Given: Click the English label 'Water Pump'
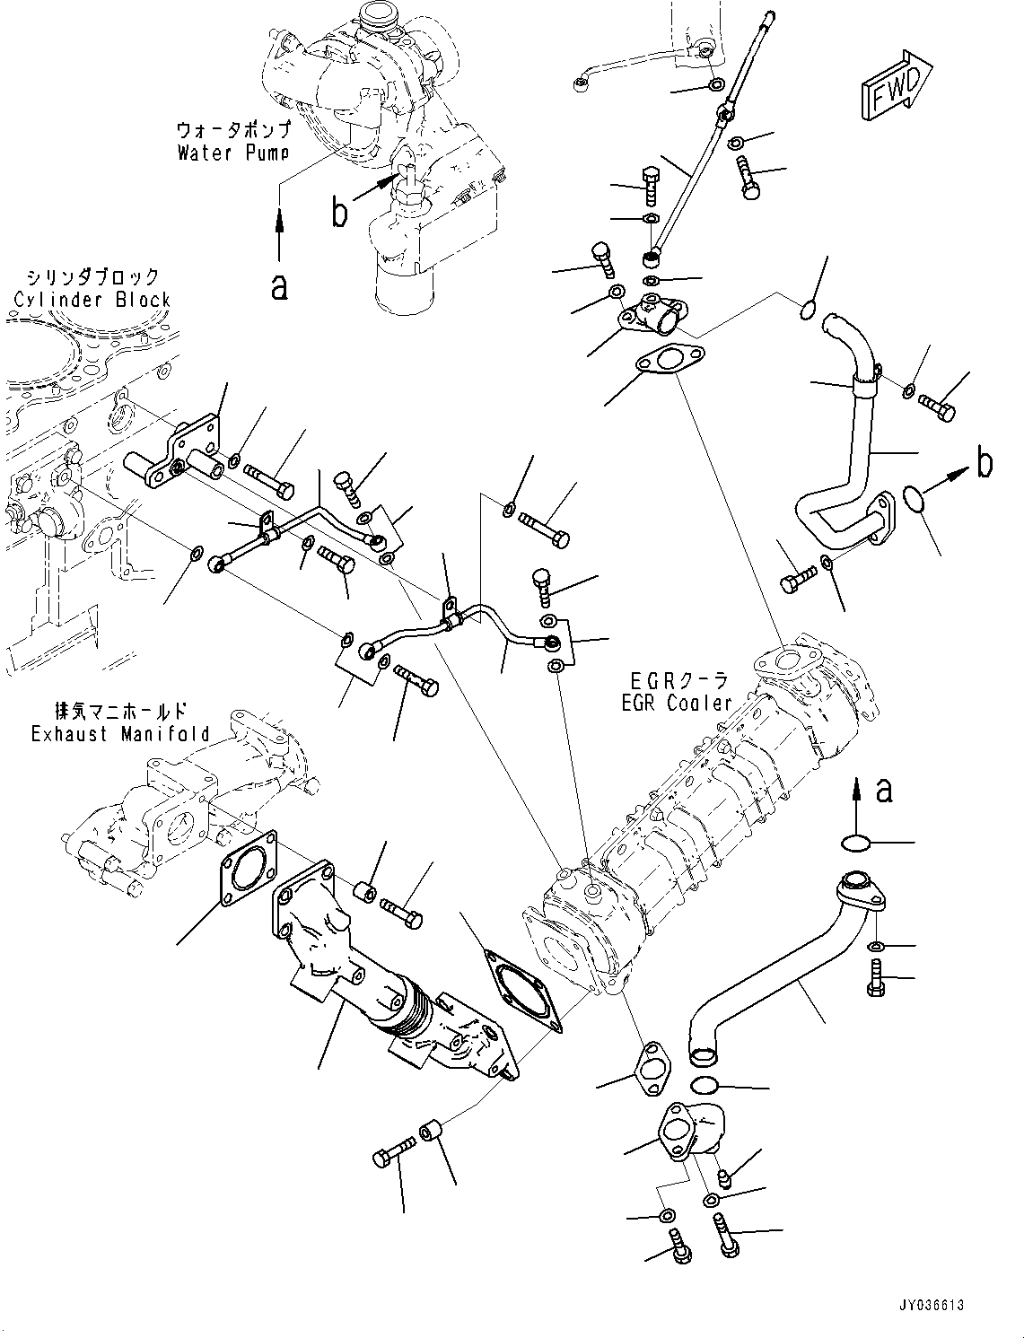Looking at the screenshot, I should point(232,153).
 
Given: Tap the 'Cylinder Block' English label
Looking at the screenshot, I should point(92,299).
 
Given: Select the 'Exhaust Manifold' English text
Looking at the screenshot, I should point(120,734).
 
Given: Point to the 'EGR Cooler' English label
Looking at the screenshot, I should point(677,704).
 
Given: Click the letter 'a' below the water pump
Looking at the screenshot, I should point(280,287).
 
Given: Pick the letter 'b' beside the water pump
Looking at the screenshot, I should point(339,214).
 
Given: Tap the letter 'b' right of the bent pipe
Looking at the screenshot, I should point(985,463).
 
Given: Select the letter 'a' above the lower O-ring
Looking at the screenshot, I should point(884,791).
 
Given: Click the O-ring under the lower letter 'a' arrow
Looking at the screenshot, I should point(857,843).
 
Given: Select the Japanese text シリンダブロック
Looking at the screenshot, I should point(92,276).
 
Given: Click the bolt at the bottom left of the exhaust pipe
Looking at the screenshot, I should point(393,1152).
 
